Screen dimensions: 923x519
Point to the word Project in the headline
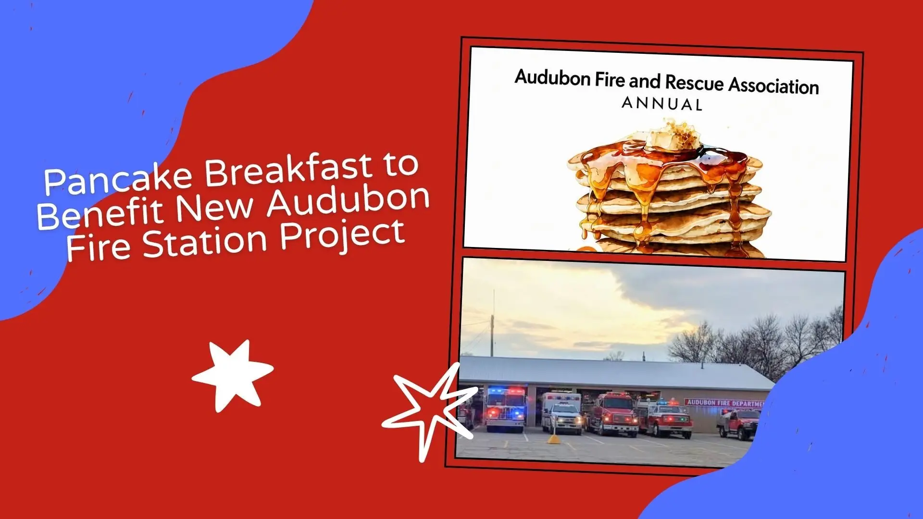[342, 235]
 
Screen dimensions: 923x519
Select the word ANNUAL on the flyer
[662, 104]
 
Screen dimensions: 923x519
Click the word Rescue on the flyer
[695, 83]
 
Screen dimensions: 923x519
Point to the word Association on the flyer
[774, 86]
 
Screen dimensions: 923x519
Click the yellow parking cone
[554, 438]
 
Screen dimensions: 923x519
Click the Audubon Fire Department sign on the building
[724, 403]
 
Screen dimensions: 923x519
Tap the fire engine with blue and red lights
[505, 409]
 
